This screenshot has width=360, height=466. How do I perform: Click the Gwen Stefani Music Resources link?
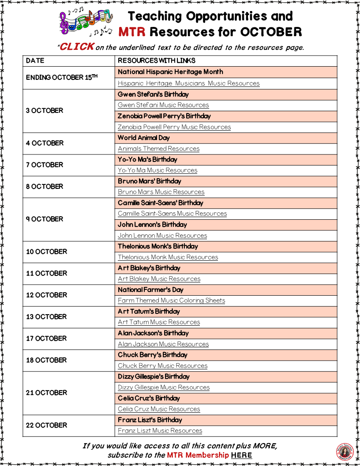coord(163,105)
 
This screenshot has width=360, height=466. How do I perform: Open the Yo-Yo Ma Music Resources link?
coord(157,170)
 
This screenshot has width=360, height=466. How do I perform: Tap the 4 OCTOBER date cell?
coord(45,143)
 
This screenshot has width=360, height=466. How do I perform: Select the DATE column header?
coord(35,60)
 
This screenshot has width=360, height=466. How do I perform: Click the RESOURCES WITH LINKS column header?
coord(157,60)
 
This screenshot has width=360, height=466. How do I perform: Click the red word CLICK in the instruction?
coord(76,46)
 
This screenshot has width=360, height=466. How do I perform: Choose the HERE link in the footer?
coord(241,455)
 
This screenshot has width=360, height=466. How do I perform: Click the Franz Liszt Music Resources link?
coord(160,431)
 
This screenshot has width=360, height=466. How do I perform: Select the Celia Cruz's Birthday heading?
coord(149,398)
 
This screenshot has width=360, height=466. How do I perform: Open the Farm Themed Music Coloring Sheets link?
coord(171,301)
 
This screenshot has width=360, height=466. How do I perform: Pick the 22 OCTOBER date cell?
coord(46,425)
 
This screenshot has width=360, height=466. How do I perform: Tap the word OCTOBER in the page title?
coord(271,32)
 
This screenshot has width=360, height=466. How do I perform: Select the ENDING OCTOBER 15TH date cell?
coord(62,77)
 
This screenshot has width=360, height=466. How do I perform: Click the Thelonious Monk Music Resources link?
coord(168,257)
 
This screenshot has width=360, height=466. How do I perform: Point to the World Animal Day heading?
coord(143,138)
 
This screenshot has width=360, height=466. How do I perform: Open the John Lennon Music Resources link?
coord(162,236)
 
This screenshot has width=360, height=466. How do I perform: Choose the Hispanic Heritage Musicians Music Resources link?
coord(188,83)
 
